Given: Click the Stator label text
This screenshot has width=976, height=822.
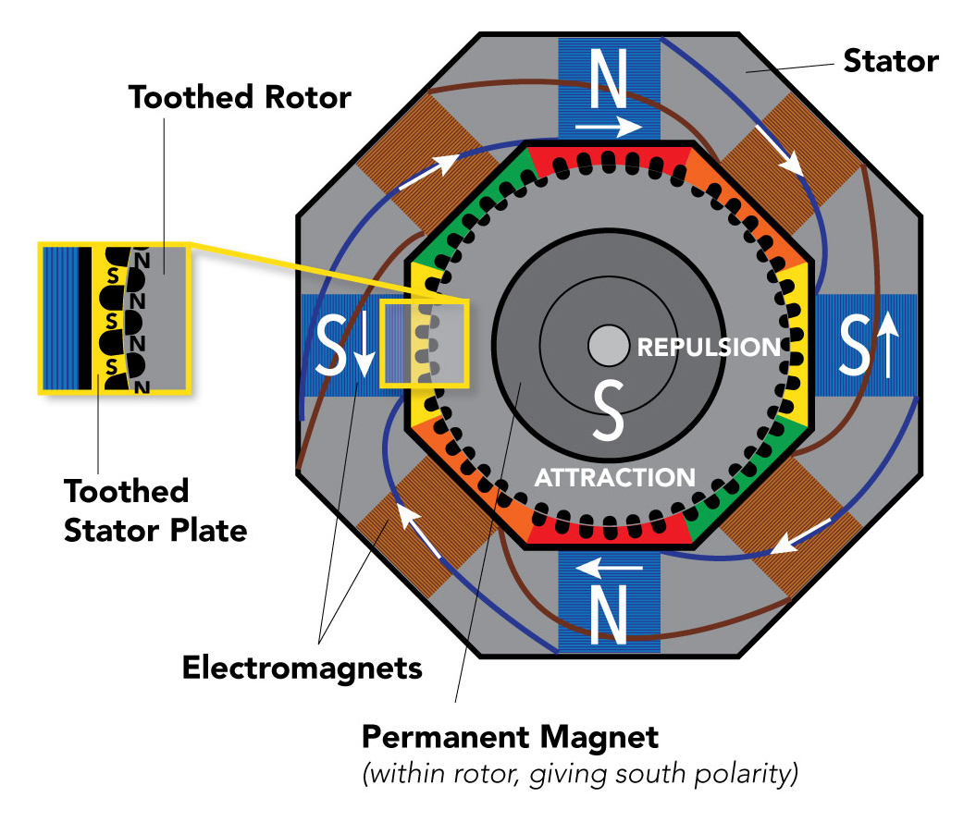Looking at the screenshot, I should tap(890, 62).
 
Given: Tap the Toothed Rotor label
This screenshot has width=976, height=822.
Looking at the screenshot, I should tap(240, 97).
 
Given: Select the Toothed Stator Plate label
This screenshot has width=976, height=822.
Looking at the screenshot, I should tap(154, 510).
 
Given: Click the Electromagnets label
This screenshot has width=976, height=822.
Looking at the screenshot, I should tap(302, 667).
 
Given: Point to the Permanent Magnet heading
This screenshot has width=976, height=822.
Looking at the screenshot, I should tap(510, 737).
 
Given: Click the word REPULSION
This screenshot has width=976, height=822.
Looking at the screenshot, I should tap(709, 348).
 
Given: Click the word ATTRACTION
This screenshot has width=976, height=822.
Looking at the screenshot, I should tap(615, 477).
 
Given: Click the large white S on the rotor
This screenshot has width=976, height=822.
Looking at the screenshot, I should tap(608, 411).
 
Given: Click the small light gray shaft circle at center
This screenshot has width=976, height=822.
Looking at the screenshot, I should tap(606, 347).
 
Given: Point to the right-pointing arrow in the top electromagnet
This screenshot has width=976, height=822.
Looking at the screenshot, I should tap(607, 123).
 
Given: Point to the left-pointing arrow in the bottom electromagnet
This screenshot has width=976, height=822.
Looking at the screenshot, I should tap(606, 565).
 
